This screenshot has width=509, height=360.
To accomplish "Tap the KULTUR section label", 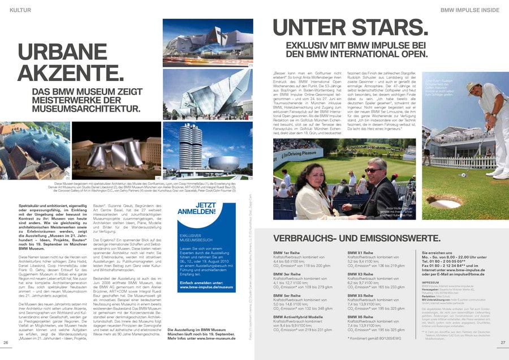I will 21,10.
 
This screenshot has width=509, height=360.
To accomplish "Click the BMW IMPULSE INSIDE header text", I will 469,10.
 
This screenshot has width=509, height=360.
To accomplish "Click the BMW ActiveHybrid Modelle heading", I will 298,316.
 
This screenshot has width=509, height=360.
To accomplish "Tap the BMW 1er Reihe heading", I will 287,252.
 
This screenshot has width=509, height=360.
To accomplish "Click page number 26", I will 6,342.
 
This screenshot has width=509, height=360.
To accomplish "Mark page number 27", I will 502,342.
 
